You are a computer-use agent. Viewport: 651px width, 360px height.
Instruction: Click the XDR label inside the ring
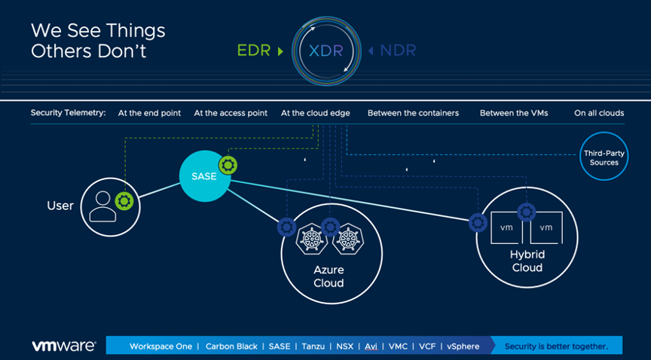tap(325, 51)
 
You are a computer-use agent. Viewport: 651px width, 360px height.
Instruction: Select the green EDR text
tap(254, 51)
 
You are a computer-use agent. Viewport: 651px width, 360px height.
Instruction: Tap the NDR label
tap(397, 51)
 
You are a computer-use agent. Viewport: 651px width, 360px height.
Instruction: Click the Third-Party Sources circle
tap(604, 157)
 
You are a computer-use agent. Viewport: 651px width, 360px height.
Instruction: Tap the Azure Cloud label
tap(329, 276)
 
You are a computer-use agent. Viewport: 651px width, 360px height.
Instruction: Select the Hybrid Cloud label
tap(527, 261)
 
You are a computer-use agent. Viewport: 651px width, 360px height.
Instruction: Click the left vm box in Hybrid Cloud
tap(507, 227)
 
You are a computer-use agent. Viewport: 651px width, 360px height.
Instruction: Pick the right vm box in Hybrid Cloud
tap(546, 227)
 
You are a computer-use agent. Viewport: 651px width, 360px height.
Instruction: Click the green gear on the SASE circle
tap(228, 165)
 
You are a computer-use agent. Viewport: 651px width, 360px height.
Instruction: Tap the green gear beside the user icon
tap(124, 201)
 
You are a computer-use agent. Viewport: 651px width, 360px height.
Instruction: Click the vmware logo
tap(63, 346)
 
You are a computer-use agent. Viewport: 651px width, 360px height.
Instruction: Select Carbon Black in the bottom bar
tap(232, 346)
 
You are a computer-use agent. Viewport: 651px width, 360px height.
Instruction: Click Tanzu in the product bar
tap(313, 346)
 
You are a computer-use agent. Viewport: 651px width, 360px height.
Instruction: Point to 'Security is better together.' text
tap(556, 346)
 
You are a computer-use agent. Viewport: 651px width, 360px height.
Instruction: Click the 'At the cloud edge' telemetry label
tap(316, 113)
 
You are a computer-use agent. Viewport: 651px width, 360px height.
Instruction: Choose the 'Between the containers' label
tap(413, 113)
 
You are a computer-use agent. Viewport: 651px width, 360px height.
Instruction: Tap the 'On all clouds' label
tap(599, 113)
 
